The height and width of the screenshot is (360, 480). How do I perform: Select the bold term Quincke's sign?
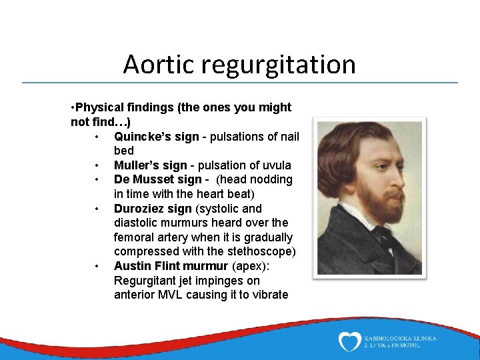pyautogui.click(x=156, y=137)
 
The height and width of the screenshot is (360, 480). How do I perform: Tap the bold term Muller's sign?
pyautogui.click(x=150, y=165)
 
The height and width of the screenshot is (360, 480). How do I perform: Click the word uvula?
pyautogui.click(x=277, y=165)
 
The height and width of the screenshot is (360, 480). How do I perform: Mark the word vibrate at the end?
pyautogui.click(x=269, y=295)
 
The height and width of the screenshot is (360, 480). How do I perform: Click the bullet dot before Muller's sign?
pyautogui.click(x=97, y=165)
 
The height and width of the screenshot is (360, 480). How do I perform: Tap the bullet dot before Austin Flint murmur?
pyautogui.click(x=97, y=266)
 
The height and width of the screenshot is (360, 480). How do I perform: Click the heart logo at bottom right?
pyautogui.click(x=350, y=342)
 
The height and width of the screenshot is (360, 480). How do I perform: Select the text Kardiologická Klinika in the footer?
pyautogui.click(x=401, y=338)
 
